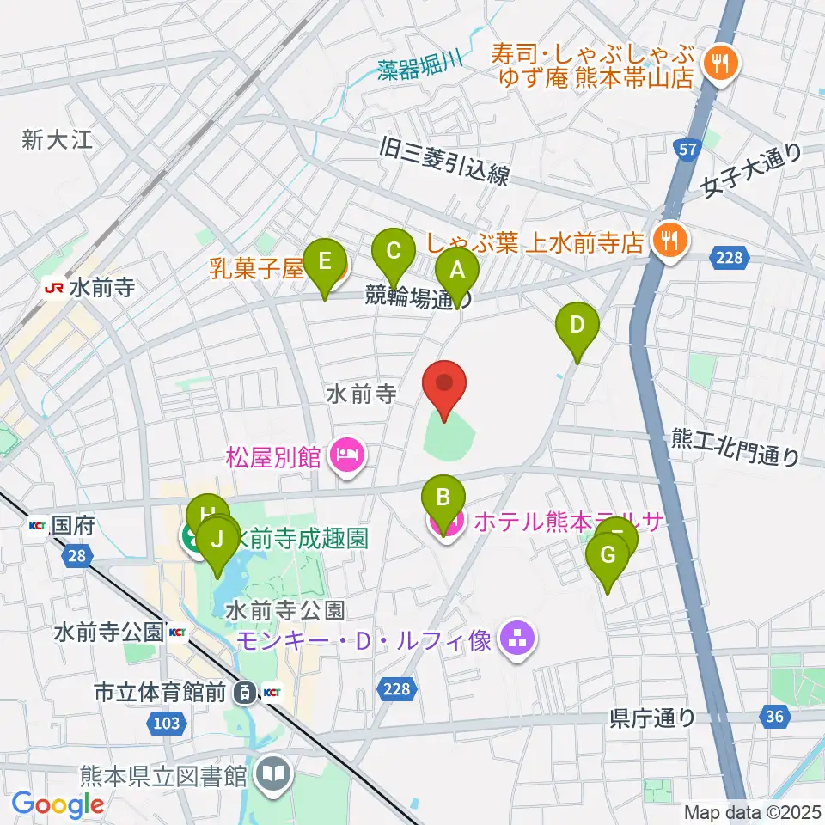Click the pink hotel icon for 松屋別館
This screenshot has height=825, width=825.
[346, 455]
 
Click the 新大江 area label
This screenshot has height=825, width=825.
[57, 140]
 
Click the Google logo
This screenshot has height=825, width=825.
[58, 804]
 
